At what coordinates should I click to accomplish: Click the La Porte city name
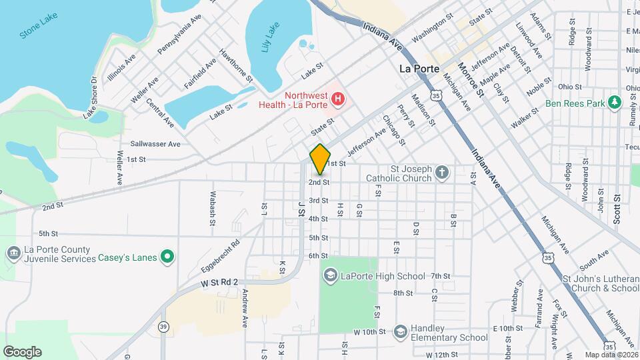(419, 69)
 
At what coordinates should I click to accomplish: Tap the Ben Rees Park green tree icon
(615, 103)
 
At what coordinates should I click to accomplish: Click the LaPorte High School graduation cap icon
(330, 275)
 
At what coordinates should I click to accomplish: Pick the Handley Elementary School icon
(400, 331)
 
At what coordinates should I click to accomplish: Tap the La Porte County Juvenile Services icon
(13, 253)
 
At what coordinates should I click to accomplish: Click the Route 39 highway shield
(163, 327)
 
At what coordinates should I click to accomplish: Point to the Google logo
(22, 352)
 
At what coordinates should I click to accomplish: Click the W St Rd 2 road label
(219, 283)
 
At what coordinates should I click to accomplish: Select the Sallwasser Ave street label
(155, 143)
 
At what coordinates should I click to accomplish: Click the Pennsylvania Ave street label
(179, 34)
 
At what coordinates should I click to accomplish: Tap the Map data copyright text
(610, 355)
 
